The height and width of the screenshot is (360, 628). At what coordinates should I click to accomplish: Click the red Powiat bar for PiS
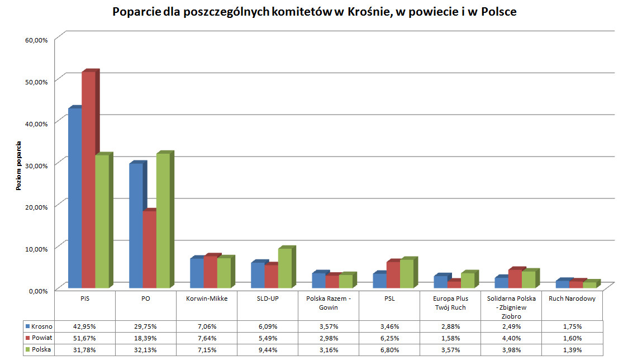coord(88,179)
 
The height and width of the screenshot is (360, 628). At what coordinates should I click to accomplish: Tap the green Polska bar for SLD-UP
coord(285,268)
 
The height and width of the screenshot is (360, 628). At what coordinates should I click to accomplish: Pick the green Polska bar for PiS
coord(102,221)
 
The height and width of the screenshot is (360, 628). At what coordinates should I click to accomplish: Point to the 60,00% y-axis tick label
coord(37,40)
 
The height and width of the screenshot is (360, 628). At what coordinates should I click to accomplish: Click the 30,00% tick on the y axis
coord(37,164)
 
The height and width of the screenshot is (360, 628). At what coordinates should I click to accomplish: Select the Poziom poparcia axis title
coord(18,166)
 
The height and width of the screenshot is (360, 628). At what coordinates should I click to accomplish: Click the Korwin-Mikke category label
coord(207,299)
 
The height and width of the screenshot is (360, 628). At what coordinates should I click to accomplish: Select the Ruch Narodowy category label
coord(572,299)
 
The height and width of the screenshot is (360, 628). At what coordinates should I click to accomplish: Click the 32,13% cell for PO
coord(145,349)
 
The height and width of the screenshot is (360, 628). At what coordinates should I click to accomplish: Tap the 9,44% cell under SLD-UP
coord(267,349)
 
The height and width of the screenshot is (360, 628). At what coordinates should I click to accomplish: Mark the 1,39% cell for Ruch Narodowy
coord(572,349)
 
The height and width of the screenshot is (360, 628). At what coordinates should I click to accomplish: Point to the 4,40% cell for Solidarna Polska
coord(511,338)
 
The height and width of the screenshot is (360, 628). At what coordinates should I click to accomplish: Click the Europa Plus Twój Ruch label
coord(450,303)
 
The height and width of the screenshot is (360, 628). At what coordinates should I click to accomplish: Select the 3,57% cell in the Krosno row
coord(328,326)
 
